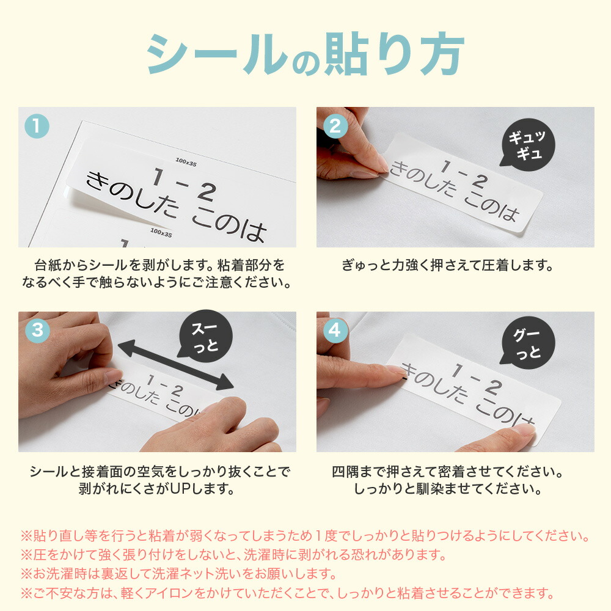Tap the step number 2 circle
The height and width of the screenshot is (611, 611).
(335, 126)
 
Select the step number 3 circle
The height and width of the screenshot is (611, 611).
(37, 331)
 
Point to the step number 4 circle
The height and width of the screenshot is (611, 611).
(335, 331)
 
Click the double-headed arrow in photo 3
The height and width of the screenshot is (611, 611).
(175, 365)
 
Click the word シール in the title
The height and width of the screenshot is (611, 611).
(214, 56)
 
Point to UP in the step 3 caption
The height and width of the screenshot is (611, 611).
(186, 489)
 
